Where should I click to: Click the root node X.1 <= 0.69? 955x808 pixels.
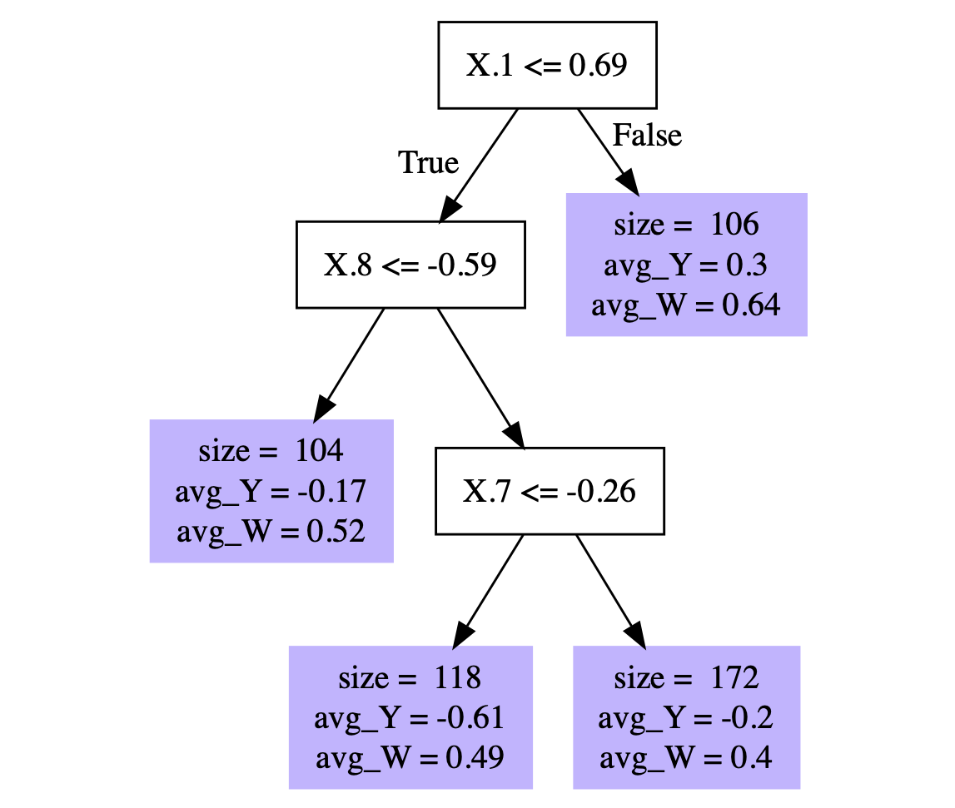click(547, 65)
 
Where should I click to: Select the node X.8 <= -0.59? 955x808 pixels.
click(410, 265)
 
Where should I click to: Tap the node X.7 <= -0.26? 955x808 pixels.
click(550, 491)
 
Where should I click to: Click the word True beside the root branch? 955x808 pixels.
click(429, 163)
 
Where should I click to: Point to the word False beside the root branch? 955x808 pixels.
click(647, 135)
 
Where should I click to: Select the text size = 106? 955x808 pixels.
click(686, 225)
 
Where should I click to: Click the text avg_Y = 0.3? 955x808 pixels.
click(686, 265)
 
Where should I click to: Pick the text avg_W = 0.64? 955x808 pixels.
click(686, 305)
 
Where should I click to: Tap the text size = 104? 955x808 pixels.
click(271, 451)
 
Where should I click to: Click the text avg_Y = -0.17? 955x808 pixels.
click(271, 491)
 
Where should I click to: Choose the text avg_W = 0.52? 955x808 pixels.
click(271, 532)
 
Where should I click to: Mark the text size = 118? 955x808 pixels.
click(410, 677)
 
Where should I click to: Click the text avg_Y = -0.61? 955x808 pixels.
click(410, 717)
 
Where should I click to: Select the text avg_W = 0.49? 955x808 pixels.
click(410, 758)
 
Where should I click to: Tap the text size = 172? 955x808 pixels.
click(686, 677)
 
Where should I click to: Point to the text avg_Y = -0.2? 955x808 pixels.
click(686, 717)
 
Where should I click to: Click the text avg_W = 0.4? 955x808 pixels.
click(686, 758)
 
